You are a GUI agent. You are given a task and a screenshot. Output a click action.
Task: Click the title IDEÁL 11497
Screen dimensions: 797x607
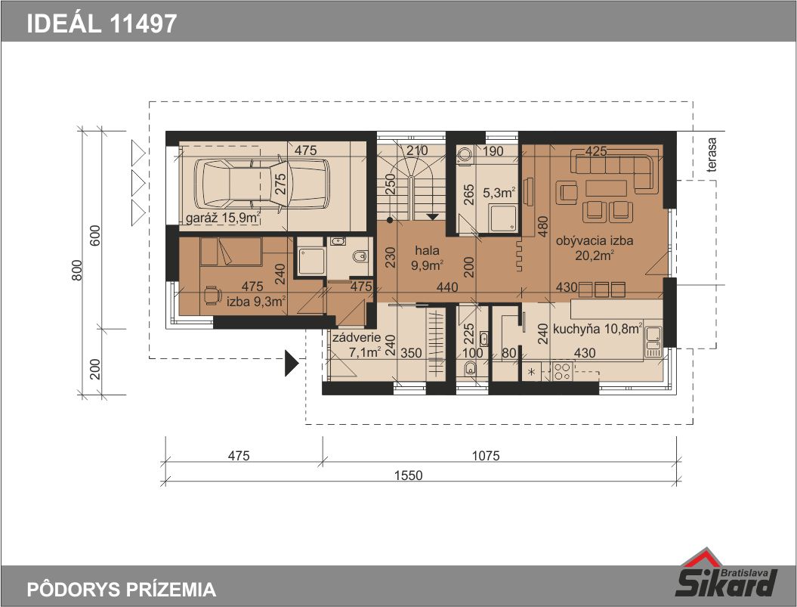point(102,23)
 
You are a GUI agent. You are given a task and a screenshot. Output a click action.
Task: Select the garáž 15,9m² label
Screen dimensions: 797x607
point(223,218)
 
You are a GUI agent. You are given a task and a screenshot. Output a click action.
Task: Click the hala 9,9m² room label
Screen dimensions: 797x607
point(427,258)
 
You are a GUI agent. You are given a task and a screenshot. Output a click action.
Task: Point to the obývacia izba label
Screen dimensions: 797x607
point(595,240)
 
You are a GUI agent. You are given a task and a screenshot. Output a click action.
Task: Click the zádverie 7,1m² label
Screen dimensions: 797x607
point(357,345)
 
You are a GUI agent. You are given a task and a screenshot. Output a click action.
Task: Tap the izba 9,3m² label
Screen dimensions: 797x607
point(255,301)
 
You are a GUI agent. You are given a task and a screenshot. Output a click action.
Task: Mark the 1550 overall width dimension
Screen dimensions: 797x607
point(408,475)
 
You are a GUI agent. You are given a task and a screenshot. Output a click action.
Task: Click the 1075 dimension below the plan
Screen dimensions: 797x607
point(486,455)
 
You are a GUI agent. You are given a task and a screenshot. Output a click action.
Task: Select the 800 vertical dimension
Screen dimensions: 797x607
point(77,270)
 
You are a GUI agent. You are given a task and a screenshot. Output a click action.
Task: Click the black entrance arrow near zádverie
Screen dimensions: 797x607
point(291,364)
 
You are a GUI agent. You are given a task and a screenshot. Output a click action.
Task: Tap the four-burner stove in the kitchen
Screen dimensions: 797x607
point(562,371)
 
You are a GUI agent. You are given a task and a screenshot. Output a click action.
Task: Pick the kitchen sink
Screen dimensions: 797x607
point(653,341)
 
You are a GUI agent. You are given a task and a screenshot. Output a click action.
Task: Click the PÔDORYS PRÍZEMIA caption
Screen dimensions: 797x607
point(122,590)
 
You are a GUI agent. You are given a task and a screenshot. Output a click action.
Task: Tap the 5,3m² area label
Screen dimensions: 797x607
point(499,193)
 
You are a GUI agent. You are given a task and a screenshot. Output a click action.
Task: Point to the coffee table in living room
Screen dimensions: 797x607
point(606,188)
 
